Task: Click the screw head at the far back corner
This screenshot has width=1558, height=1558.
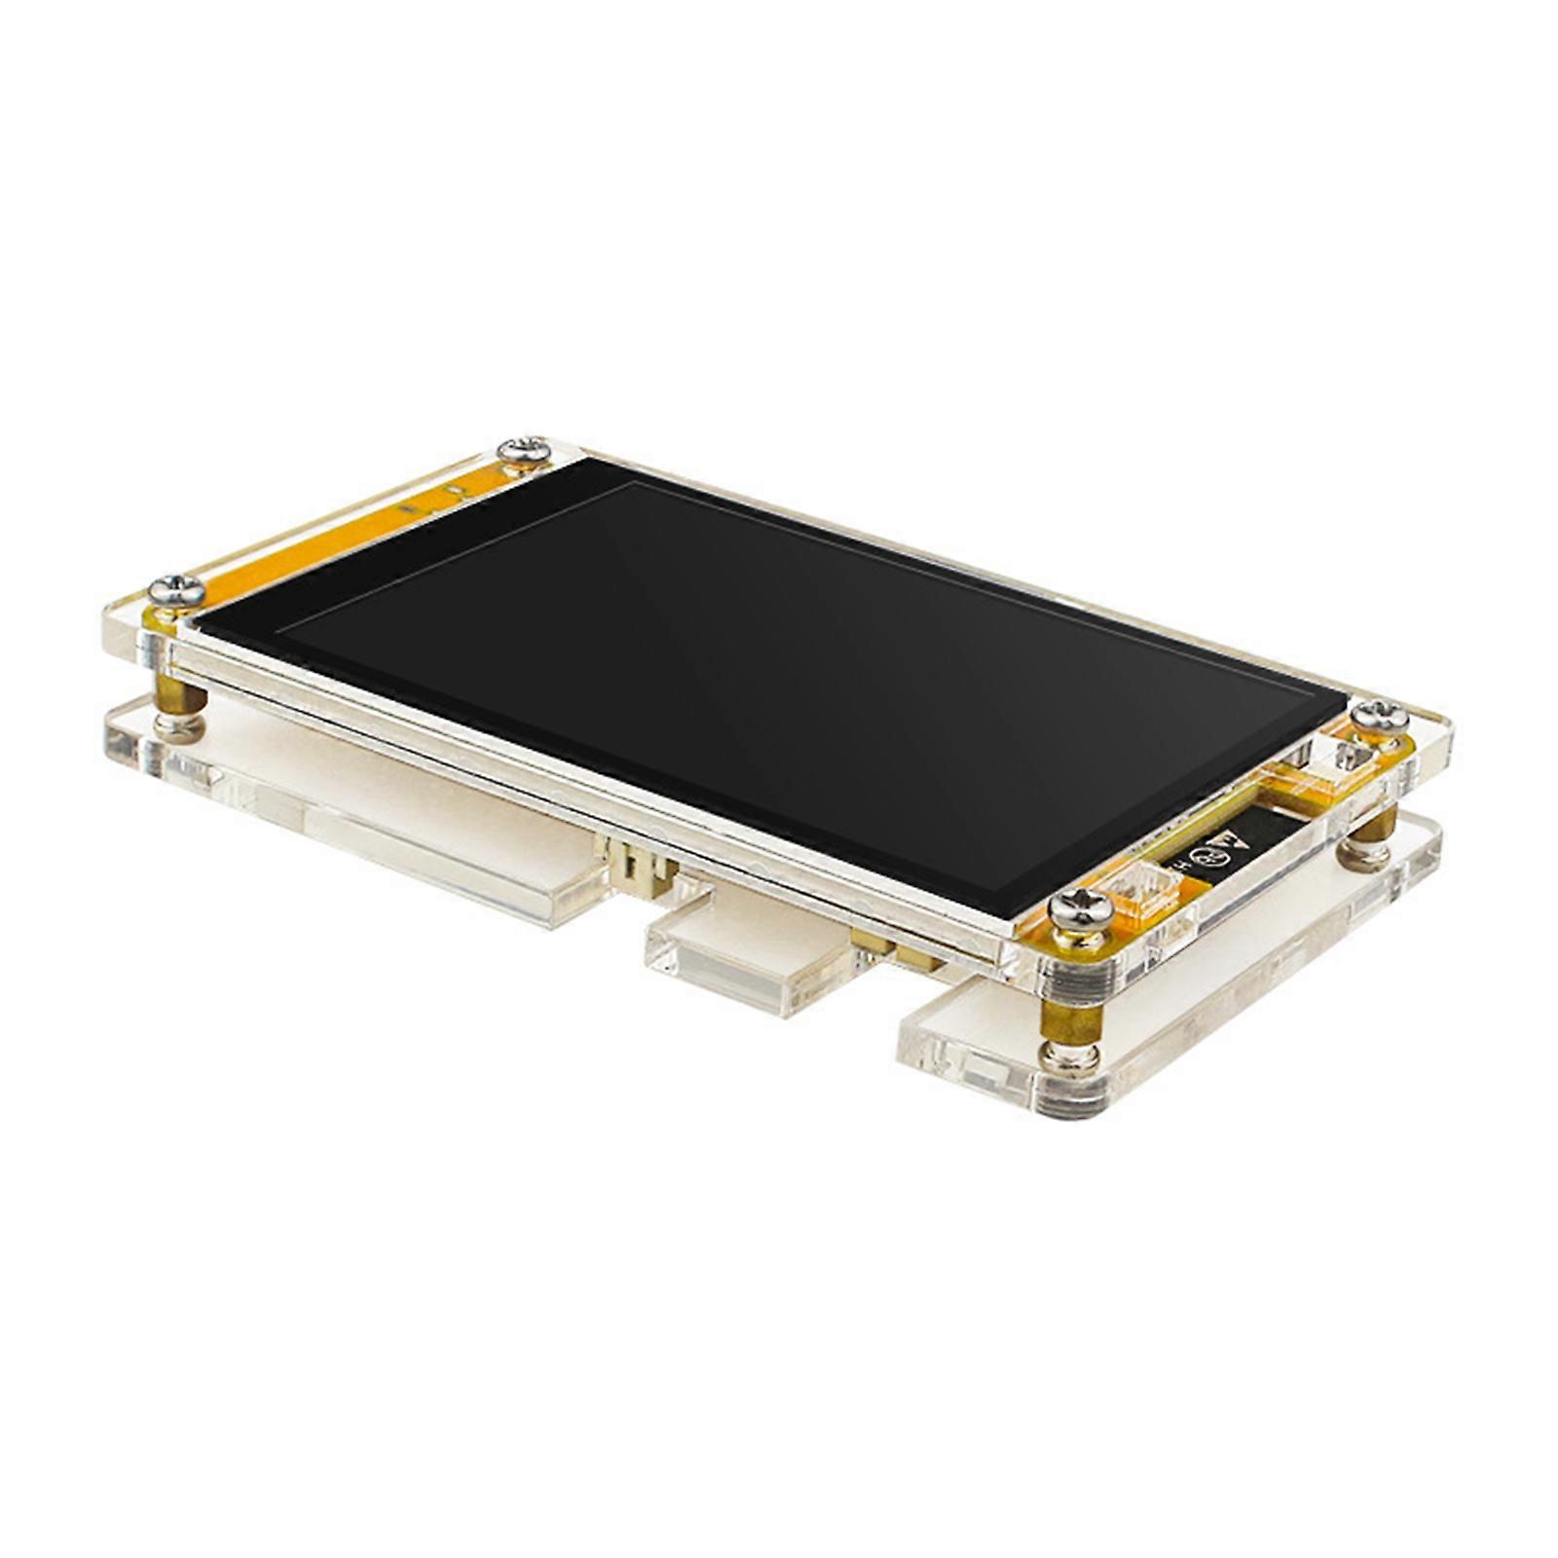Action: tap(524, 450)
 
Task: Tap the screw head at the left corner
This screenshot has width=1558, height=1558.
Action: tap(177, 589)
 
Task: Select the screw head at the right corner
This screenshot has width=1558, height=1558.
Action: tap(1379, 714)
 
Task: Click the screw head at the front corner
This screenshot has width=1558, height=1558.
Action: tap(1081, 909)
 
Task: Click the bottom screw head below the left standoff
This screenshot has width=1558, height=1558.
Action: tap(180, 727)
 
